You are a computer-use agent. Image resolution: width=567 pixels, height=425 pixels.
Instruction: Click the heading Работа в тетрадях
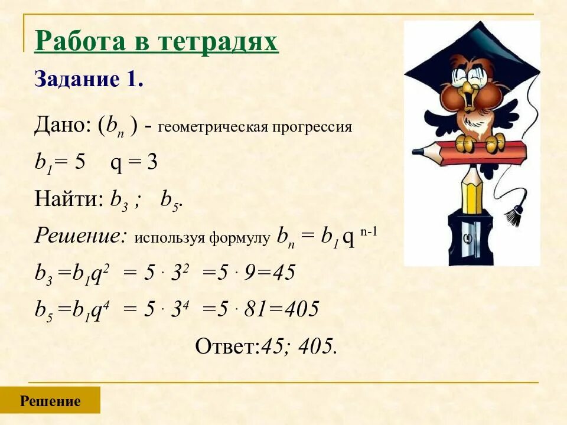pos(156,42)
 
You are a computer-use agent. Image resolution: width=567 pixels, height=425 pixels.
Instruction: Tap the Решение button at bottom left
pos(50,401)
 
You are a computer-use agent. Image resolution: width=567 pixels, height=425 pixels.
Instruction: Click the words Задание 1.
pos(89,79)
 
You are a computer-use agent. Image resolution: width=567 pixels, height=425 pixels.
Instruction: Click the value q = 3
pos(134,163)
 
